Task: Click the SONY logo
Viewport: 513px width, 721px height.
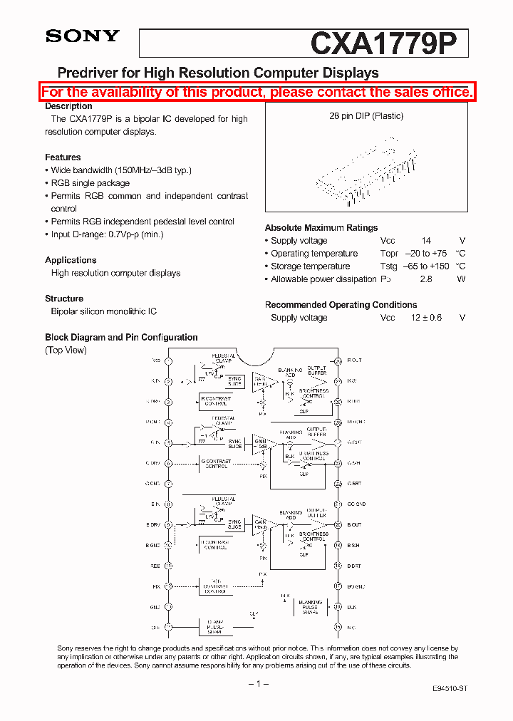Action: [83, 36]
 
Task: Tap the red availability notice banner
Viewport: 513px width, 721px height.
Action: [256, 93]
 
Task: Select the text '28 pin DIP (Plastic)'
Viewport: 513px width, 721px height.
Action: [366, 116]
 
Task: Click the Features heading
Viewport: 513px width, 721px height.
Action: [63, 157]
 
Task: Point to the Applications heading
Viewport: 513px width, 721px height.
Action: [71, 260]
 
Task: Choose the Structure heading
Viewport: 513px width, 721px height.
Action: [64, 299]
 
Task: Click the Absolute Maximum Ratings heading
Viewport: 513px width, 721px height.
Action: [321, 228]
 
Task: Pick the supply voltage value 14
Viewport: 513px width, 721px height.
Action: [426, 241]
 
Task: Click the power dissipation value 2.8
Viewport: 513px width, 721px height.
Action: [426, 279]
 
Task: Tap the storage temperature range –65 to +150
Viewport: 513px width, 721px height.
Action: [425, 266]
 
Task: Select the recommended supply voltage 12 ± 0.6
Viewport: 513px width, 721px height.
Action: [426, 318]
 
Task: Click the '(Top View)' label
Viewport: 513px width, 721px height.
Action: [66, 350]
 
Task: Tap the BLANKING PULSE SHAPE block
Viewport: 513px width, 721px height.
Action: [311, 607]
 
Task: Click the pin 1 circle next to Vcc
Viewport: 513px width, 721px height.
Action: [169, 361]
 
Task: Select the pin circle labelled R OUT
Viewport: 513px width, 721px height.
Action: [338, 361]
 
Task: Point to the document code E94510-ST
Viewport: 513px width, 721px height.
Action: [450, 690]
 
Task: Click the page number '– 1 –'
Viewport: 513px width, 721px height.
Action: [257, 684]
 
